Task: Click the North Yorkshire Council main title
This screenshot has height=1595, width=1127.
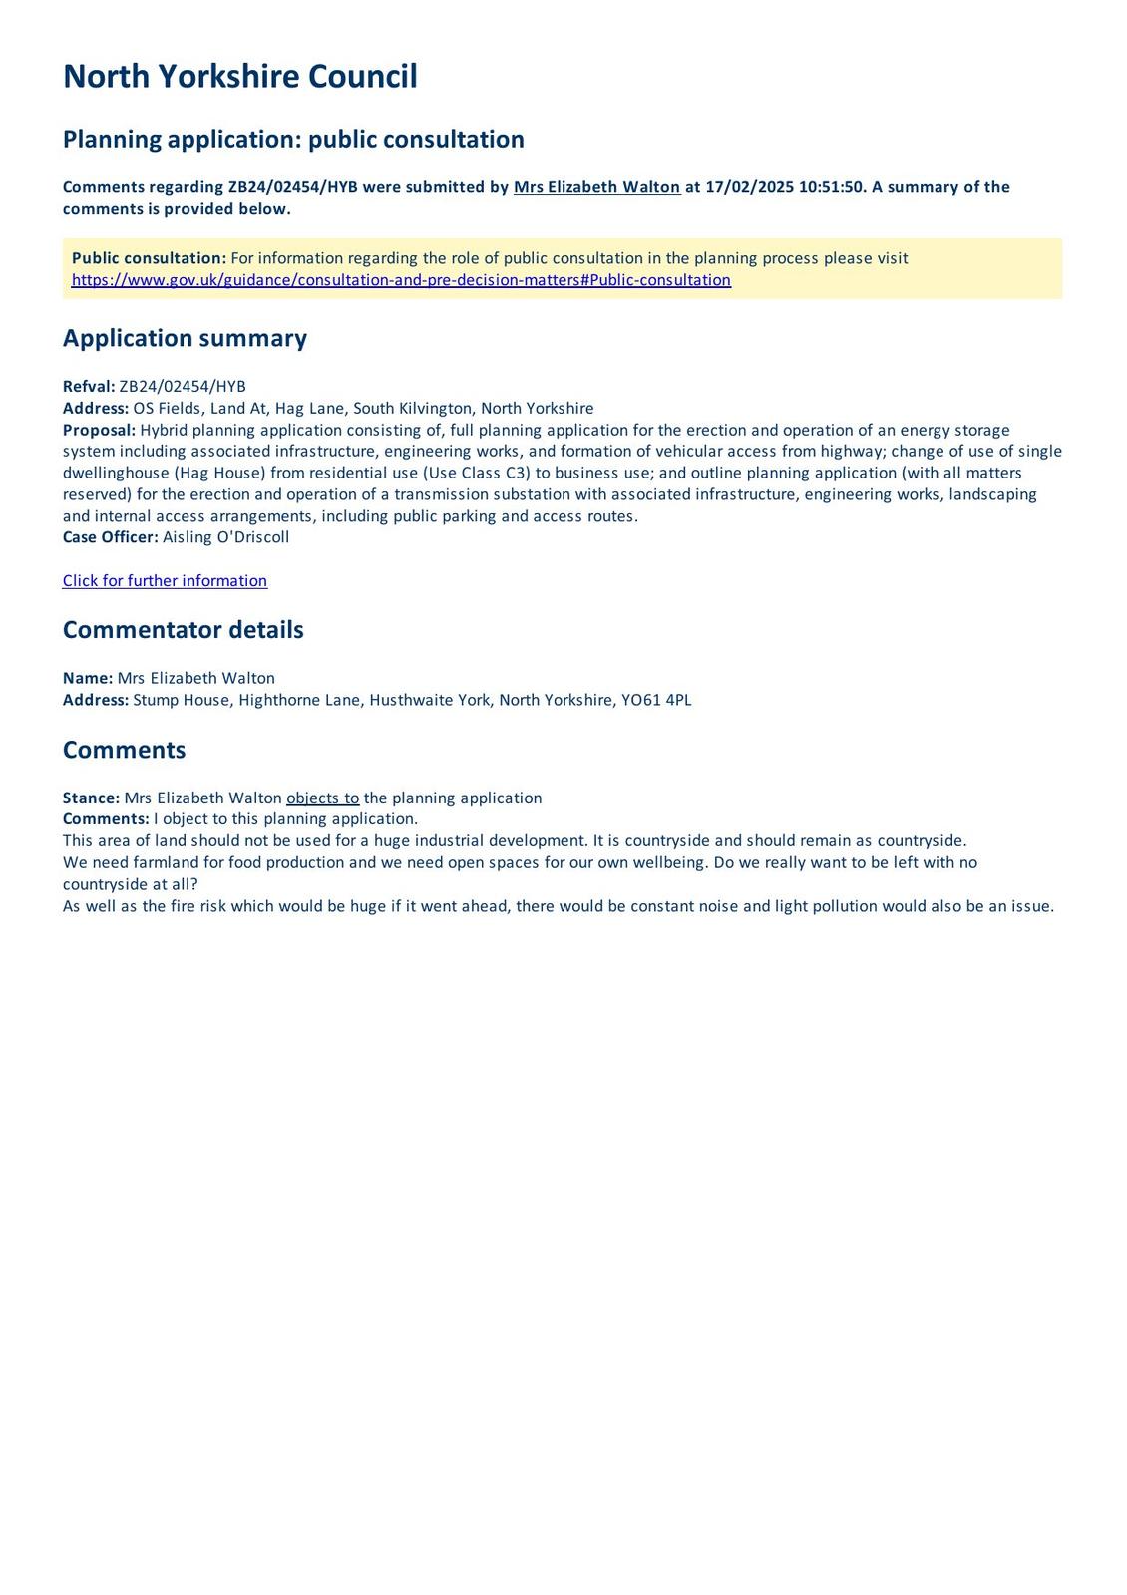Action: coord(239,77)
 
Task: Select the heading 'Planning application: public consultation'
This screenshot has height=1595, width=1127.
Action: coord(293,139)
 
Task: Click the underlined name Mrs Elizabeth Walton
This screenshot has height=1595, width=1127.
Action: coord(596,187)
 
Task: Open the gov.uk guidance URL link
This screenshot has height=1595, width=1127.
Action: coord(401,280)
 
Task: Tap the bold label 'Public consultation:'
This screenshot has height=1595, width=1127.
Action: coord(149,258)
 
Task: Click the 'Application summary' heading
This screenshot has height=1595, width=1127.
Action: coord(185,338)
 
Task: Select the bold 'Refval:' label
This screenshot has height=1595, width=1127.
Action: coord(89,387)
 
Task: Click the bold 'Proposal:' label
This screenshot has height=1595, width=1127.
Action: coord(99,430)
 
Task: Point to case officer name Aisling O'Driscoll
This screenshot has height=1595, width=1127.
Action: coord(225,537)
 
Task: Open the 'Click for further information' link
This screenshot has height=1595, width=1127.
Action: coord(165,581)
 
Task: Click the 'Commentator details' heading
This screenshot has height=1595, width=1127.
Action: coord(183,630)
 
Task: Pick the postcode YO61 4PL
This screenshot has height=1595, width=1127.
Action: coord(656,700)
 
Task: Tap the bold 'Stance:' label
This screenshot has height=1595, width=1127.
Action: coord(91,798)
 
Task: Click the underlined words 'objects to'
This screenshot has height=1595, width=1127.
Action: coord(322,798)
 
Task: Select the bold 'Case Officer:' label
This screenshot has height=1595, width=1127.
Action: coord(110,537)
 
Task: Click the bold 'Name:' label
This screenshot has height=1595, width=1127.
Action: coord(88,678)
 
